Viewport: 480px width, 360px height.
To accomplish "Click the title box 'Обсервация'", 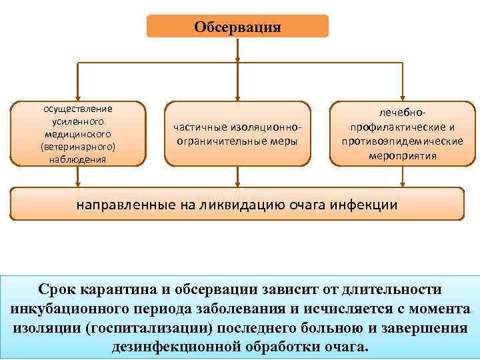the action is point(238,27).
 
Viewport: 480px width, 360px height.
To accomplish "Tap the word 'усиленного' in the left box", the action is point(77,121).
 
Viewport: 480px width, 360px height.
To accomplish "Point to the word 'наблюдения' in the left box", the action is point(77,159).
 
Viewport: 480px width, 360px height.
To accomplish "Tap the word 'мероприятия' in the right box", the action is point(403,155).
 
